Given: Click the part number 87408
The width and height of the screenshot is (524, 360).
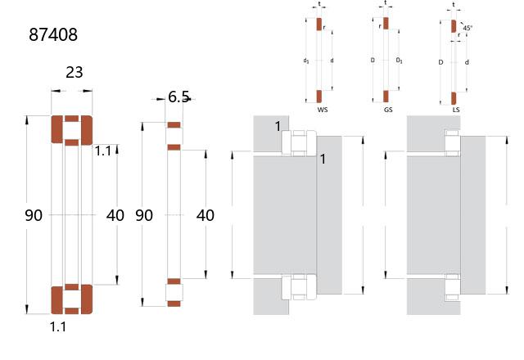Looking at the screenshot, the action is pyautogui.click(x=53, y=34).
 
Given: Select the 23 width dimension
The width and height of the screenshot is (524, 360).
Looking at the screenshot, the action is pyautogui.click(x=75, y=72).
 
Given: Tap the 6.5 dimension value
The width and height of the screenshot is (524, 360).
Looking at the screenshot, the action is pyautogui.click(x=178, y=97).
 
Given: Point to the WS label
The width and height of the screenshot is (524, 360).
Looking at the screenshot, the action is pyautogui.click(x=323, y=110).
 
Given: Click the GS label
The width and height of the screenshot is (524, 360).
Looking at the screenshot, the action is pyautogui.click(x=388, y=110).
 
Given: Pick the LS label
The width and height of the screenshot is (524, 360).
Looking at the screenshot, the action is pyautogui.click(x=456, y=110).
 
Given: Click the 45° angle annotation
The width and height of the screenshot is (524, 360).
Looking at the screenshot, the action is pyautogui.click(x=468, y=28).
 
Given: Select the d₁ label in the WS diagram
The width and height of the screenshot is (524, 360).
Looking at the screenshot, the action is pyautogui.click(x=305, y=61).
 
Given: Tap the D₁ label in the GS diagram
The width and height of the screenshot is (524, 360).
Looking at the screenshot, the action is pyautogui.click(x=399, y=61).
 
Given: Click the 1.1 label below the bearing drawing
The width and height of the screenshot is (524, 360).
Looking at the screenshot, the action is pyautogui.click(x=58, y=326).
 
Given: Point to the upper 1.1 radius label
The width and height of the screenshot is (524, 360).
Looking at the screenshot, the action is pyautogui.click(x=103, y=151).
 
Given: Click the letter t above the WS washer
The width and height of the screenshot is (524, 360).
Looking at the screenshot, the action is pyautogui.click(x=319, y=4).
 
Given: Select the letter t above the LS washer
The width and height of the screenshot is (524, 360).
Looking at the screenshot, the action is pyautogui.click(x=454, y=5).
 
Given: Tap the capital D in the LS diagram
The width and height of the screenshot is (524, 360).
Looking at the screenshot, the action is pyautogui.click(x=440, y=62).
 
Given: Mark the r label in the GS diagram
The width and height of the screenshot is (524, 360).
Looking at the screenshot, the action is pyautogui.click(x=380, y=26).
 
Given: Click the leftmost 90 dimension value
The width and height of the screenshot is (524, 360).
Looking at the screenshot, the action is pyautogui.click(x=34, y=215).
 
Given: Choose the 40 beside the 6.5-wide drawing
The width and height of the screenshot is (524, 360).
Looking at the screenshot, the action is pyautogui.click(x=206, y=215).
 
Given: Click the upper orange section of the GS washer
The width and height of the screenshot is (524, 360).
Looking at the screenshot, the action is pyautogui.click(x=386, y=24).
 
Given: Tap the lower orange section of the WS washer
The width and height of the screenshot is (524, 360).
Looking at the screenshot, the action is pyautogui.click(x=319, y=97).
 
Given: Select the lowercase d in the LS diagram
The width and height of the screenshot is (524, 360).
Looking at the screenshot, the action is pyautogui.click(x=467, y=62).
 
